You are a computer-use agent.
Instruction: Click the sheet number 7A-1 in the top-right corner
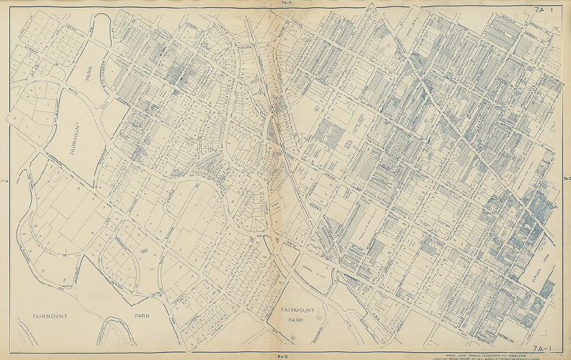[x=544, y=9]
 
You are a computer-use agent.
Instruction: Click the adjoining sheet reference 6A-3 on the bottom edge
[x=285, y=356]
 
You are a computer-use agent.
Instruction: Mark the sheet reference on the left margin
[x=4, y=180]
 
